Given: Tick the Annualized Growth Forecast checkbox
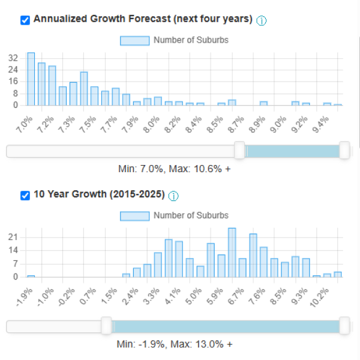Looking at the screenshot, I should (25, 20).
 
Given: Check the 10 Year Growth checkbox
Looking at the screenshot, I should (25, 196).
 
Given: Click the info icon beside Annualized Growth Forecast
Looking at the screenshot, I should (262, 20).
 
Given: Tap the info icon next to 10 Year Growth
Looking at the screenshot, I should (174, 196).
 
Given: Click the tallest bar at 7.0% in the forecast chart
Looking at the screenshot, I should (31, 79).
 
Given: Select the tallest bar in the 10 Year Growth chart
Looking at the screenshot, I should (232, 253).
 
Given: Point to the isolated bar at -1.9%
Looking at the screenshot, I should (31, 276).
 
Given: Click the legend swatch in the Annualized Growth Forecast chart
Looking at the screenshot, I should (134, 40).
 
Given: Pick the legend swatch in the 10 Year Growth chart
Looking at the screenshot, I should (134, 215).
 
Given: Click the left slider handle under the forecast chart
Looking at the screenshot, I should (239, 151).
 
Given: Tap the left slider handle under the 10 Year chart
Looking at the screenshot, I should (107, 326).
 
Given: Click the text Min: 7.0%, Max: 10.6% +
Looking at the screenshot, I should (175, 169).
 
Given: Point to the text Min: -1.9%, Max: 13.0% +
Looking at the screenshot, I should (175, 344).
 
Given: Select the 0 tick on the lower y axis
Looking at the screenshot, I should (16, 277).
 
